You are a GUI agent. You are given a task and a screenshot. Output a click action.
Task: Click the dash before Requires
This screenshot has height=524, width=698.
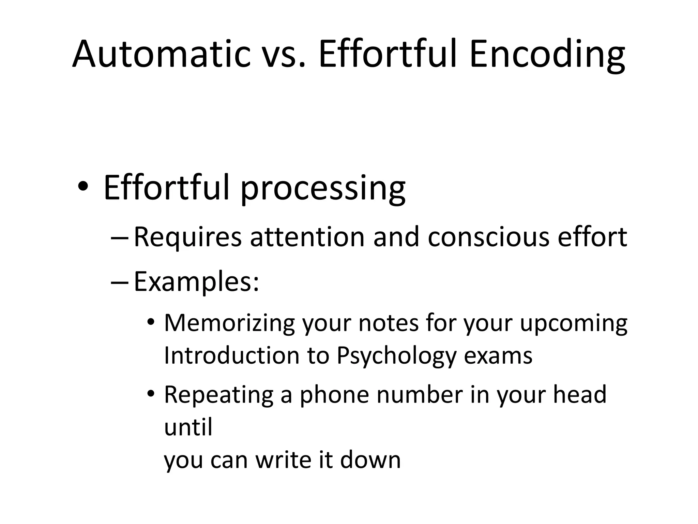pyautogui.click(x=120, y=237)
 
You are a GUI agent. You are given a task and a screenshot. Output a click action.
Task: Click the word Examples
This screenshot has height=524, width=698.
pyautogui.click(x=196, y=282)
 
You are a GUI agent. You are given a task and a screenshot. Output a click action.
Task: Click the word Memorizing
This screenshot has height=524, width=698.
pyautogui.click(x=229, y=323)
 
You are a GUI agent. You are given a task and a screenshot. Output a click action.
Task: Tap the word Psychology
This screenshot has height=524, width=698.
pyautogui.click(x=396, y=356)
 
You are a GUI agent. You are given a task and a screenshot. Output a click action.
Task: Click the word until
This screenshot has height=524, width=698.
pyautogui.click(x=188, y=427)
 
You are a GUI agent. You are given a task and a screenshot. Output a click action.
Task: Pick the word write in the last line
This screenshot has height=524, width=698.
pyautogui.click(x=283, y=460)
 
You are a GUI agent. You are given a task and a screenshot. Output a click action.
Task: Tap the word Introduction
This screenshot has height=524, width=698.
pyautogui.click(x=231, y=355)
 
